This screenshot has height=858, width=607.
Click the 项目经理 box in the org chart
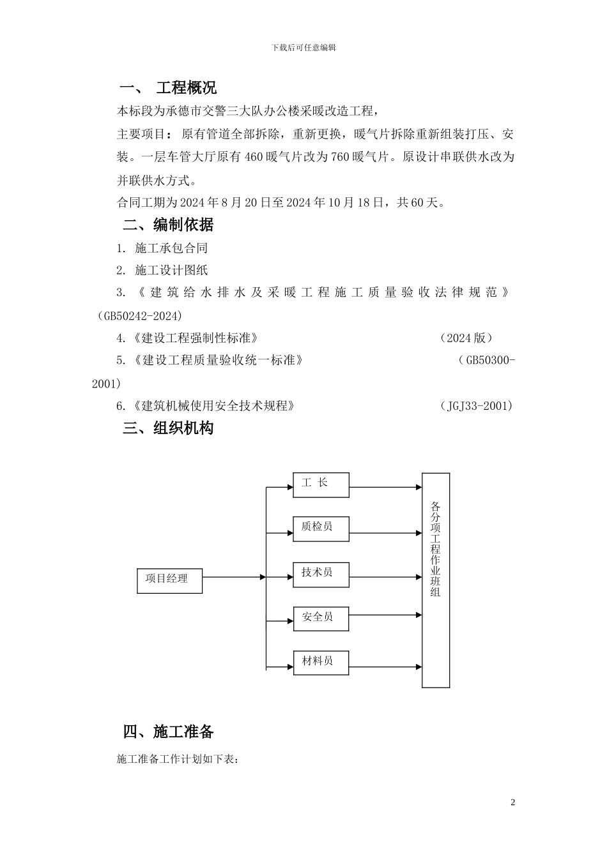(169, 580)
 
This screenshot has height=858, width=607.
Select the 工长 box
(321, 485)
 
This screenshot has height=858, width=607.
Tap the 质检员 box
(321, 529)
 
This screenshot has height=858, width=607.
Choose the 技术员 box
(321, 574)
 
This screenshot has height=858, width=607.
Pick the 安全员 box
(321, 619)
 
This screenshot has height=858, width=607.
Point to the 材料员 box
(321, 662)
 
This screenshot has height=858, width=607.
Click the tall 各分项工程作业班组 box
(435, 580)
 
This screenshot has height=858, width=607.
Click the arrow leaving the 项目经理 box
(233, 577)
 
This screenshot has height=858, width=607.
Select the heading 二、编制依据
(168, 225)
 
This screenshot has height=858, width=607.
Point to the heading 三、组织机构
(168, 428)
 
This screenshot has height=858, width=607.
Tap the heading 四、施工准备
(168, 732)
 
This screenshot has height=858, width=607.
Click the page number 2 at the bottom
(512, 802)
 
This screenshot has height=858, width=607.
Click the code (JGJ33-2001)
(477, 406)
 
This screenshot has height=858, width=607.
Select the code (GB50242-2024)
(140, 316)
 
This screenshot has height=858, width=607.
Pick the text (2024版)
(466, 338)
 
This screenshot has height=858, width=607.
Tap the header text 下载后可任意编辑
(303, 47)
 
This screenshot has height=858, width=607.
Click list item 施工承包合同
(171, 248)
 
